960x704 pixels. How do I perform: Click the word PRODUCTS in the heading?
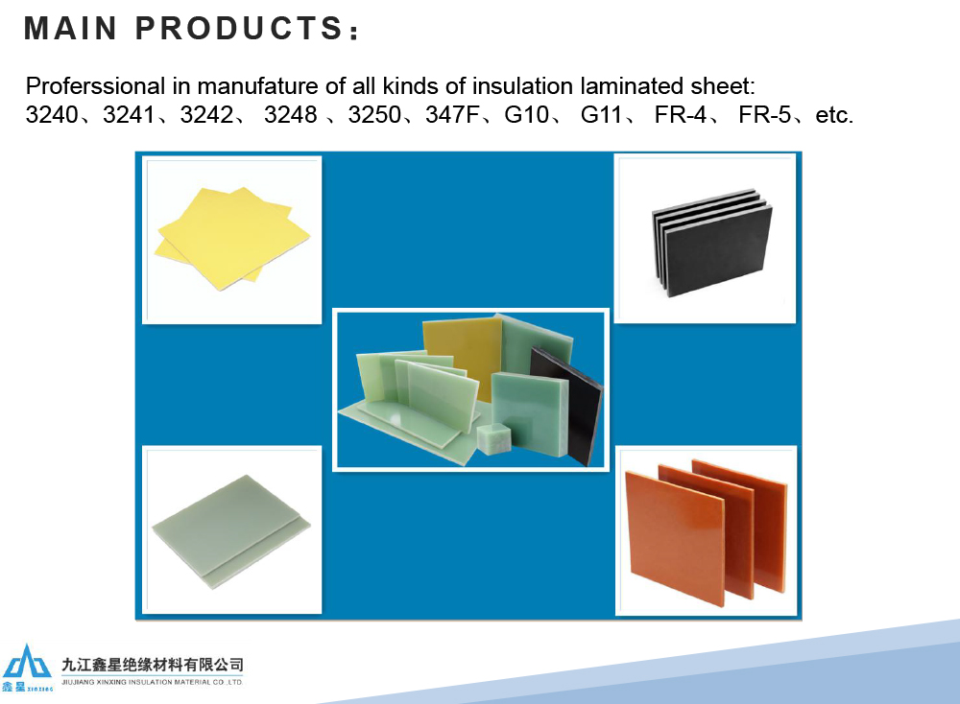click(x=238, y=28)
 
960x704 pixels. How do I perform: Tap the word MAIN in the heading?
click(x=70, y=28)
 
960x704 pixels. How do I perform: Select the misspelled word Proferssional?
click(x=95, y=86)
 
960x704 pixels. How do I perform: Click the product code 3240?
click(x=52, y=114)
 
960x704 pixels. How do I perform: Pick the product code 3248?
click(x=290, y=114)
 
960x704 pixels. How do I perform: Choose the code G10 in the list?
click(x=526, y=114)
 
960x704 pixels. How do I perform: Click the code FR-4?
click(x=681, y=114)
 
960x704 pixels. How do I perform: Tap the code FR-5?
click(x=765, y=114)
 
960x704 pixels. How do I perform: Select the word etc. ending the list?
click(x=834, y=115)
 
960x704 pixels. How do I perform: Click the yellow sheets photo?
click(x=232, y=240)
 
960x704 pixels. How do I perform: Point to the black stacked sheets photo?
click(x=706, y=239)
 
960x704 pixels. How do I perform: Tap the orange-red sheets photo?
click(x=706, y=531)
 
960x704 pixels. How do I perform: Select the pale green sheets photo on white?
click(x=232, y=529)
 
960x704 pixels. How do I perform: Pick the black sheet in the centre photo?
click(x=567, y=405)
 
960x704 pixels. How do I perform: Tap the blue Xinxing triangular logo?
click(x=27, y=662)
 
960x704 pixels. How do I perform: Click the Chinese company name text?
click(x=153, y=665)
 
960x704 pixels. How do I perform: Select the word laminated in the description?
click(x=632, y=86)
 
